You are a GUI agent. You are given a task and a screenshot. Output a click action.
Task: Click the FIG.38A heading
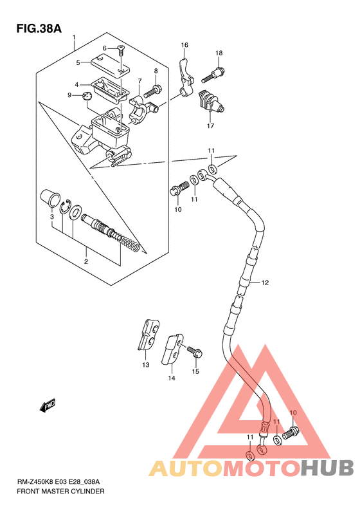[x=39, y=28]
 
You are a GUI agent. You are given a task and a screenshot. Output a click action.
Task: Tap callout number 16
[x=184, y=45]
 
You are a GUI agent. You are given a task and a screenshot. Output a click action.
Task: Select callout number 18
[x=219, y=53]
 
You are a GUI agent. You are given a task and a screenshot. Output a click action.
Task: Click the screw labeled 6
[x=121, y=50]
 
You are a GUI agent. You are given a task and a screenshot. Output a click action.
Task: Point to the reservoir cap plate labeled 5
[x=110, y=67]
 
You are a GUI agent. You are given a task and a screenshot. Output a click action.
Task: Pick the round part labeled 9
[x=87, y=96]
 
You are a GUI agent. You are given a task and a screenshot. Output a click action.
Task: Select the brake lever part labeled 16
[x=185, y=77]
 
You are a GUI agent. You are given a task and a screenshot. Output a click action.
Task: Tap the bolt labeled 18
[x=213, y=75]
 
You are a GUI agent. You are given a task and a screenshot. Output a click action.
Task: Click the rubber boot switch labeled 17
[x=210, y=101]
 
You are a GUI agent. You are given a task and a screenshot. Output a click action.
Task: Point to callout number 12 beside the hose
[x=265, y=282]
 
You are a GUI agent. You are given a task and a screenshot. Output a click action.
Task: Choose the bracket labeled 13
[x=148, y=335]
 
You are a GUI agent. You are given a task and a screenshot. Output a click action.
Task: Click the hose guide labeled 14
[x=172, y=350]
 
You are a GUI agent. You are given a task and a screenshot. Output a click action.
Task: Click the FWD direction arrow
[x=48, y=406]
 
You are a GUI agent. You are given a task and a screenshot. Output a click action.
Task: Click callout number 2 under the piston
[x=86, y=262]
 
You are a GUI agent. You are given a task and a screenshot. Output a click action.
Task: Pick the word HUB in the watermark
[x=327, y=468]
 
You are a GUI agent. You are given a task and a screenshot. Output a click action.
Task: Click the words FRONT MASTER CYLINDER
[x=60, y=491]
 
